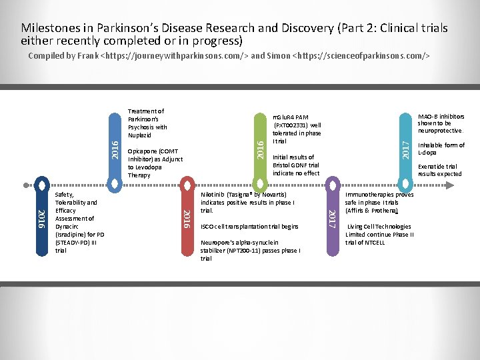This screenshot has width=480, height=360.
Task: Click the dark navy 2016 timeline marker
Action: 41,217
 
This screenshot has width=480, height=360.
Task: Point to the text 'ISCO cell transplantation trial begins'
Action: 249,227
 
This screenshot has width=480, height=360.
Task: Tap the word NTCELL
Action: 375,242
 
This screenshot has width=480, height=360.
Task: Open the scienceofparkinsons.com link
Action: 361,56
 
